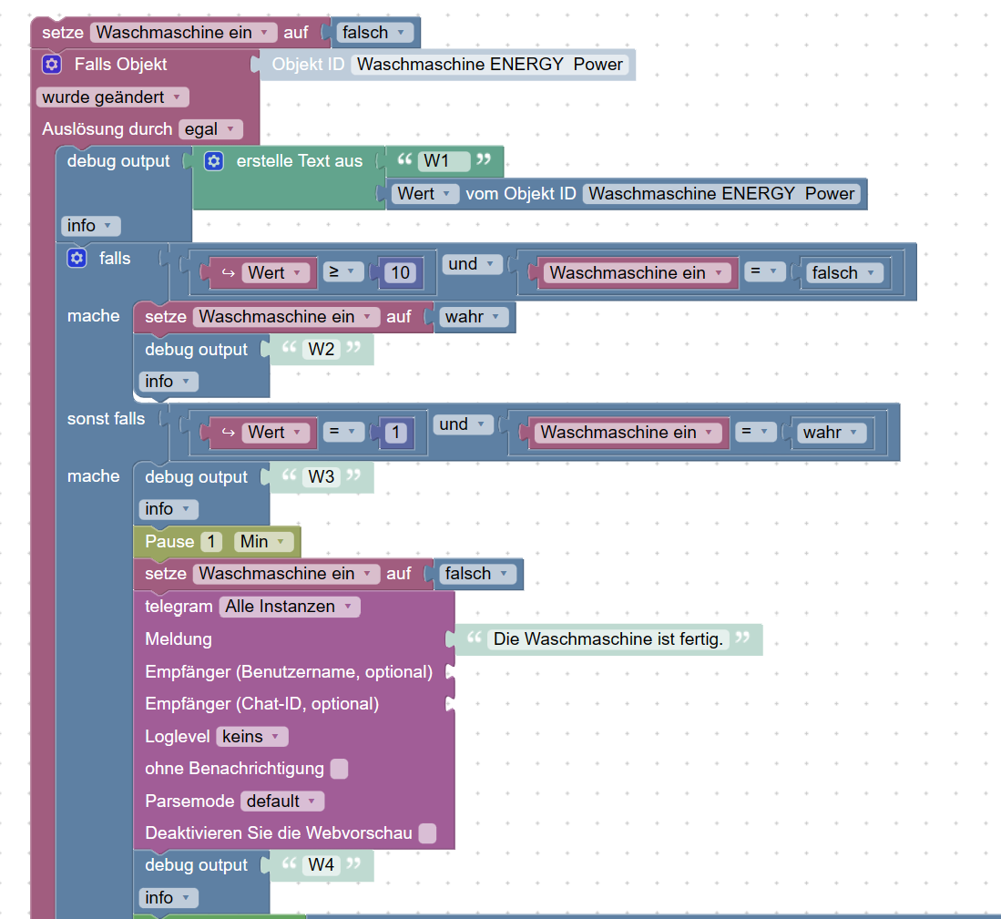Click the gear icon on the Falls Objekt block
pos(52,65)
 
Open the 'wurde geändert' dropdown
pos(113,97)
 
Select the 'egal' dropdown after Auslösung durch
pos(210,129)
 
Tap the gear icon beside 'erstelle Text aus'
pos(213,161)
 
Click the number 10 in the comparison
pos(399,272)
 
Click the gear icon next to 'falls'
pos(77,259)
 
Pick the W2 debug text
pos(322,350)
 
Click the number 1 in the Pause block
pos(211,542)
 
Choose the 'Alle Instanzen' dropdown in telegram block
pos(289,607)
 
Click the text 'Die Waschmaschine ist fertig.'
pos(608,639)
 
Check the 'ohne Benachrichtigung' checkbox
pos(339,769)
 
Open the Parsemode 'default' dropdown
pos(282,802)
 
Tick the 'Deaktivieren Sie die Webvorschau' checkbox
pos(427,833)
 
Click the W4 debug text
pos(322,865)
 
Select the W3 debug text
pos(322,477)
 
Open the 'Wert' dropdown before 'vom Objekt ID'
pos(425,194)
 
